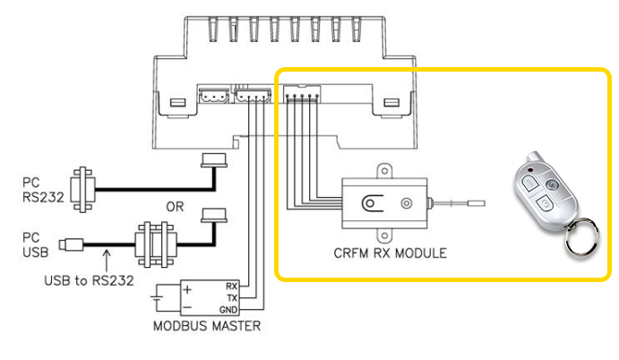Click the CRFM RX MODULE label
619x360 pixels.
coord(390,253)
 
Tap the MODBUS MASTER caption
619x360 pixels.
coord(207,326)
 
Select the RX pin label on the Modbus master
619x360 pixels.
coord(232,287)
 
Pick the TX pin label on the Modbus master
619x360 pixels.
coord(232,298)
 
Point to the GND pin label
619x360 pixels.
coord(228,310)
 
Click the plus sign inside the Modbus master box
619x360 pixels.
coord(187,290)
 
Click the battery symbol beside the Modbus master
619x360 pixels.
coord(157,299)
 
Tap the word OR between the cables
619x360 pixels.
coord(175,207)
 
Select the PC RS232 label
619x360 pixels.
coord(43,190)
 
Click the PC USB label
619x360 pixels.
coord(35,244)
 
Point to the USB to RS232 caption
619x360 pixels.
coord(90,280)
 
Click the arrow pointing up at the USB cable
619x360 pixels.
coord(107,260)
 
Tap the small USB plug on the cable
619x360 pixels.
coord(71,244)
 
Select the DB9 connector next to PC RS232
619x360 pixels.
coord(82,190)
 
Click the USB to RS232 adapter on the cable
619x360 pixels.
coord(156,244)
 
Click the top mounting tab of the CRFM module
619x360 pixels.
coord(384,171)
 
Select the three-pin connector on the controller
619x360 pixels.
coord(213,96)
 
